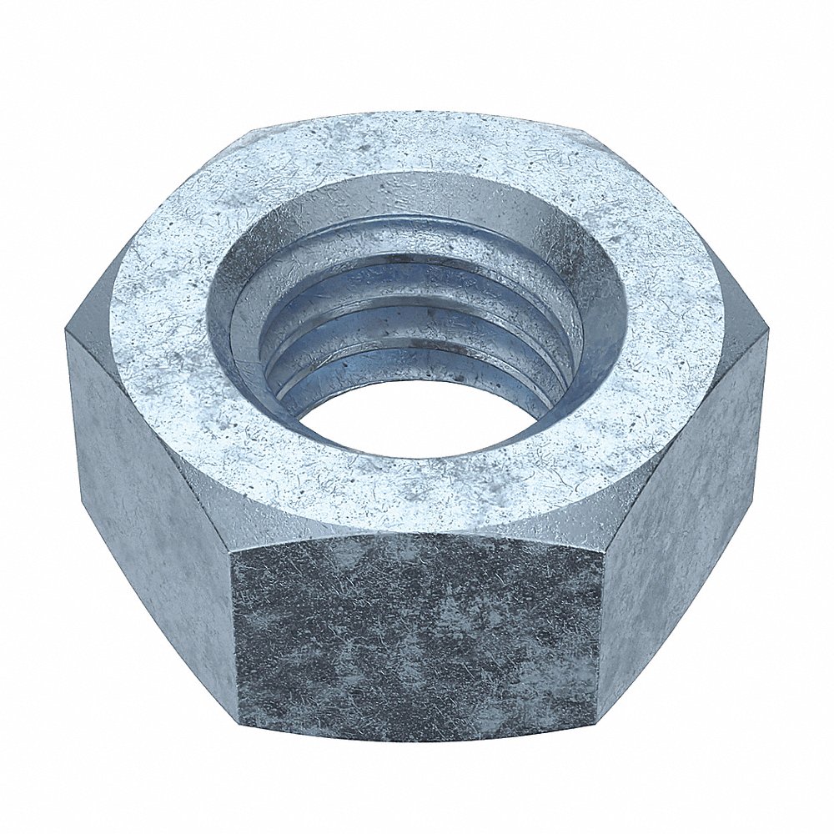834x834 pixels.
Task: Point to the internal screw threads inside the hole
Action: [417, 317]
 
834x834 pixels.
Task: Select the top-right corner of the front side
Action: [603, 555]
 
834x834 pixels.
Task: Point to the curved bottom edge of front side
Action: [417, 741]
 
